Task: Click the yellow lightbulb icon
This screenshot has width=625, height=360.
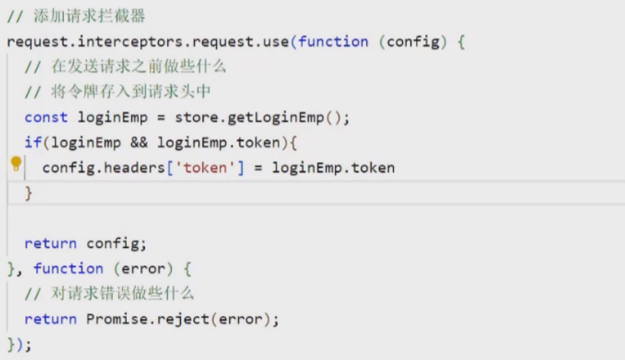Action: (x=15, y=164)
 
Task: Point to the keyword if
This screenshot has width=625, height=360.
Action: (x=33, y=143)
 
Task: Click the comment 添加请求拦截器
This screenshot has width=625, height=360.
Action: (x=89, y=17)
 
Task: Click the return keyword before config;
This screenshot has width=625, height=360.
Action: (x=50, y=243)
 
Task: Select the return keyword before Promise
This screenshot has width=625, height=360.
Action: (x=50, y=319)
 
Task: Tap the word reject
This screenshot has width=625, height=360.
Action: (x=184, y=319)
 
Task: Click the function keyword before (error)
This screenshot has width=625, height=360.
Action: (x=68, y=268)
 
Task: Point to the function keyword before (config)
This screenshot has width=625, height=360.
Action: (x=333, y=42)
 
